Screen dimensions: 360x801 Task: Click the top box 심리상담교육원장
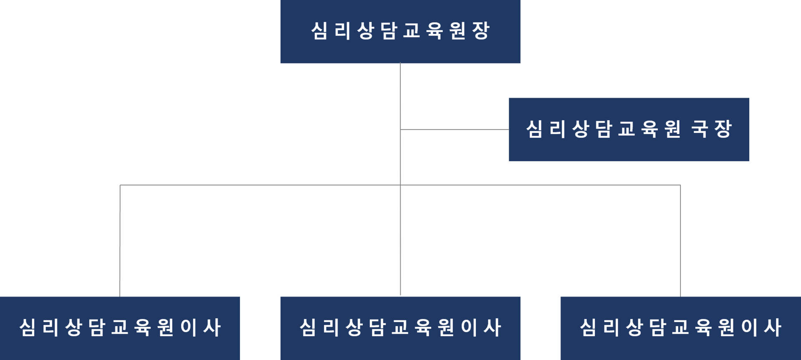[x=400, y=32]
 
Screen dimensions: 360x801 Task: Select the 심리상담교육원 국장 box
[x=629, y=129]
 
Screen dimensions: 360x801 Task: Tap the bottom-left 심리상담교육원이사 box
[x=120, y=328]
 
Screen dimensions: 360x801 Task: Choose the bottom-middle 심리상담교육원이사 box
[x=400, y=328]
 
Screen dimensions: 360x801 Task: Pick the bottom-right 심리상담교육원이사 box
[x=680, y=328]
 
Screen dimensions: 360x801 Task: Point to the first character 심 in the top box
[x=319, y=31]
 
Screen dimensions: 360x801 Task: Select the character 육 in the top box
[x=435, y=31]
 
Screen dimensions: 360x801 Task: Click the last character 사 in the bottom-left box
[x=212, y=327]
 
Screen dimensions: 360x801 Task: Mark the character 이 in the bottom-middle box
[x=469, y=327]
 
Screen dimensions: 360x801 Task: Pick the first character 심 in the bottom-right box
[x=588, y=327]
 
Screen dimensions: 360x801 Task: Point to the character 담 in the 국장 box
[x=603, y=129]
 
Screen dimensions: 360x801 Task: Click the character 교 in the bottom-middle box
[x=400, y=327]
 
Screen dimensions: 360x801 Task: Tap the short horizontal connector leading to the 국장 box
[x=455, y=130]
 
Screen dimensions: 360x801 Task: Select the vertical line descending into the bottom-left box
[x=120, y=242]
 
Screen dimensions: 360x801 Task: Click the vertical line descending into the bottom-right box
[x=680, y=242]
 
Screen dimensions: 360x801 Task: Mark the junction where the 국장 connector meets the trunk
[x=400, y=130]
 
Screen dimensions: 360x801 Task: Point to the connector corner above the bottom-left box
[x=120, y=185]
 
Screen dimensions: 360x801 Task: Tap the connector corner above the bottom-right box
[x=680, y=185]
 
